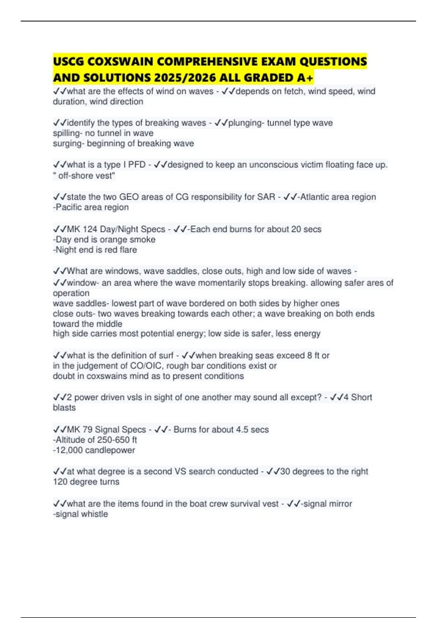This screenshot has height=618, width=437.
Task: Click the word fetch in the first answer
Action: pos(293,91)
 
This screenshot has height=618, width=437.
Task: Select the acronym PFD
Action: pos(137,165)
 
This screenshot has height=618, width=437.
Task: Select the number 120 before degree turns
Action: pos(60,482)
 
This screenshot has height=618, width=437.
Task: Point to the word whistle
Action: pos(96,514)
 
